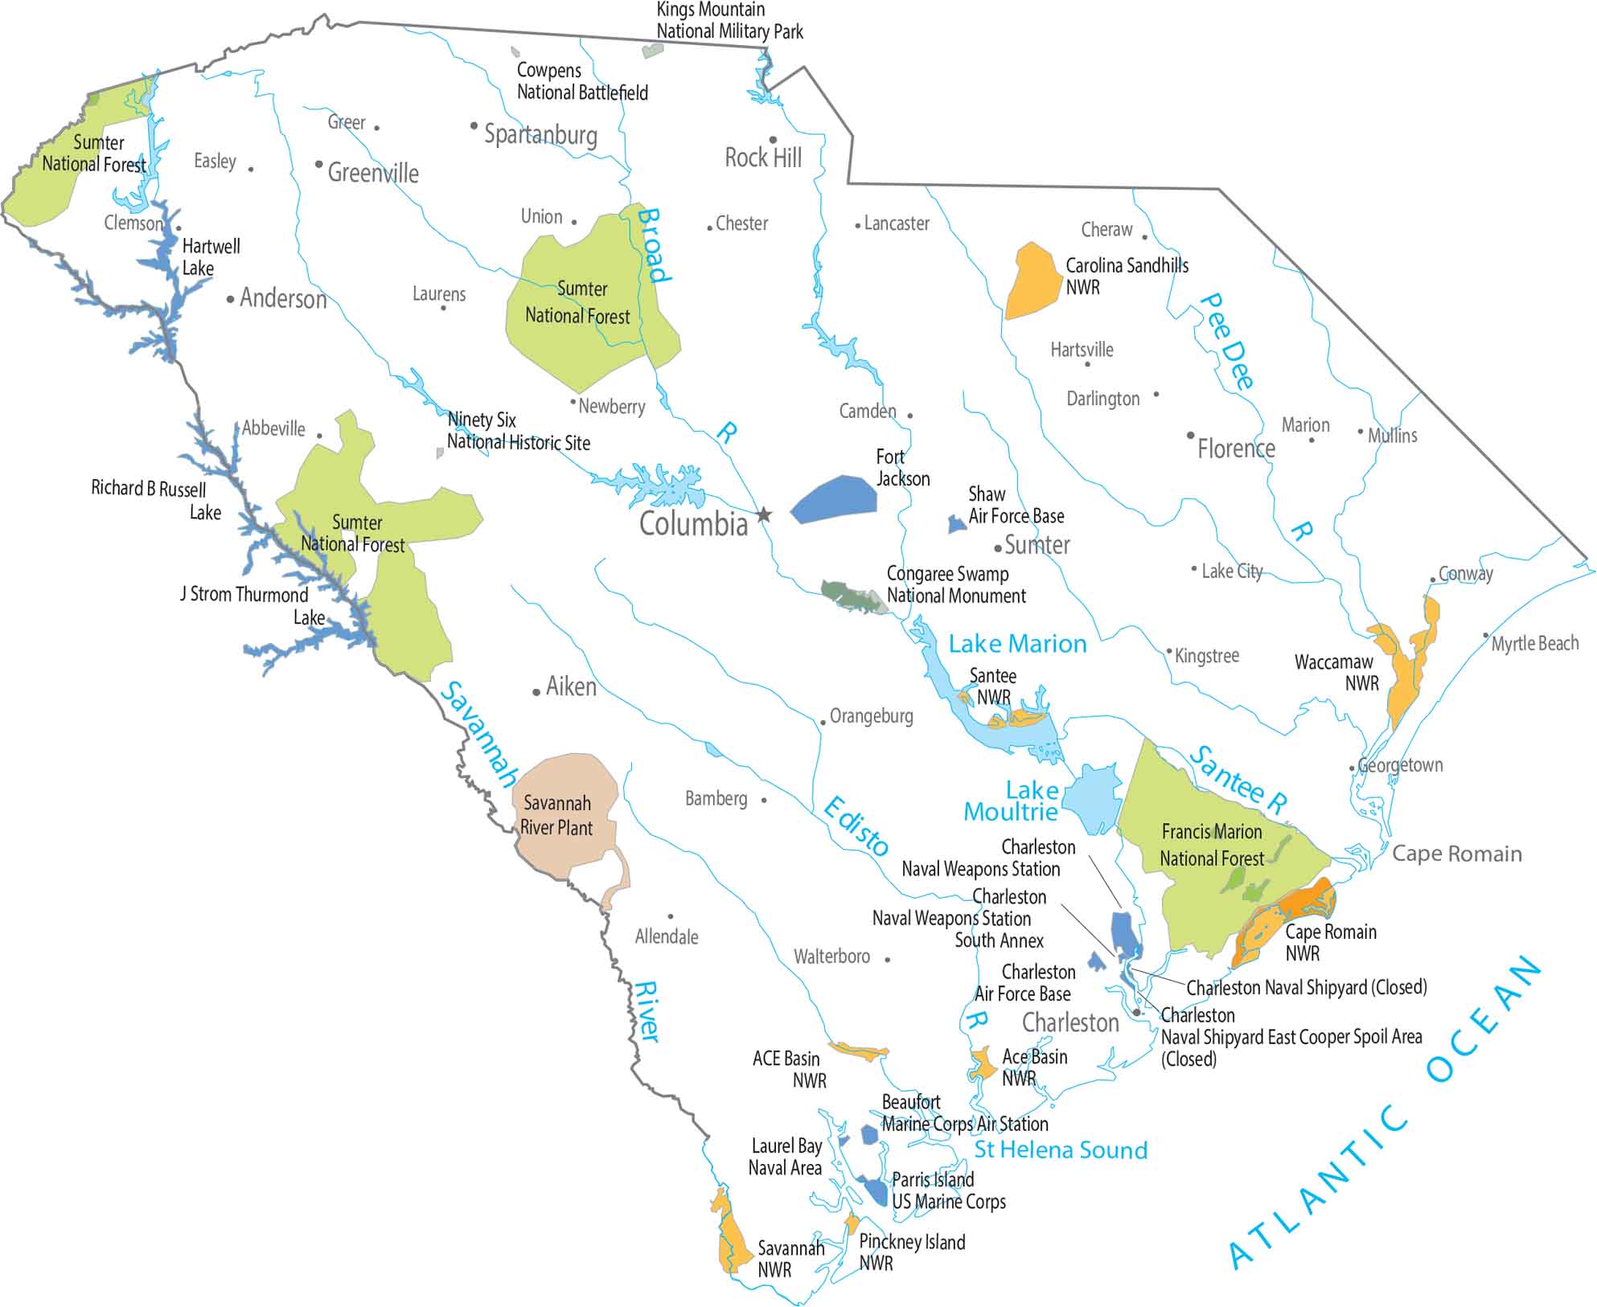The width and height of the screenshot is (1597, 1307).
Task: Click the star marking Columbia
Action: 764,514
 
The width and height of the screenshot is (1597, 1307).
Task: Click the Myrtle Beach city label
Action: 1534,644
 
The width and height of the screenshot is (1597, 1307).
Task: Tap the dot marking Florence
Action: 1191,436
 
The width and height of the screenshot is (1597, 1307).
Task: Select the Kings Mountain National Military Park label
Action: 729,21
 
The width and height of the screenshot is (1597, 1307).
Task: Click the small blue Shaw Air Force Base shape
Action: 956,525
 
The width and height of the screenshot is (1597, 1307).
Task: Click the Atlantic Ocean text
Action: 1383,1117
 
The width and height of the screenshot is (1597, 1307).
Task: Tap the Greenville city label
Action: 373,173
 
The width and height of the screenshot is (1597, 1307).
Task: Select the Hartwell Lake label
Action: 211,257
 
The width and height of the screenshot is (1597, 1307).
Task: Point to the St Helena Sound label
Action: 1060,1150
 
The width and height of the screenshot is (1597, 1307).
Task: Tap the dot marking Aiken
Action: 536,692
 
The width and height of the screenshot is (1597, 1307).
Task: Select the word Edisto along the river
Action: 856,826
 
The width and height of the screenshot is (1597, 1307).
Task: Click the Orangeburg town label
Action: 871,716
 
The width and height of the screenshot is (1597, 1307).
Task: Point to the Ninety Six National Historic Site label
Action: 518,431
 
